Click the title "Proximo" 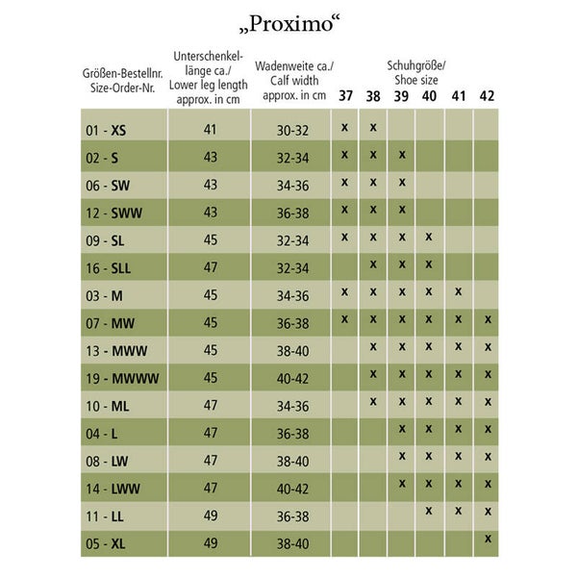[x=288, y=22]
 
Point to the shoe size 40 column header [x=429, y=95]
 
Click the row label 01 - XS [x=106, y=129]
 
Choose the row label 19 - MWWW [x=122, y=377]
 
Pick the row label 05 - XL [x=106, y=542]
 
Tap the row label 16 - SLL [x=110, y=266]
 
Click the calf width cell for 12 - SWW [x=292, y=212]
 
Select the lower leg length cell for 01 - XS [x=211, y=129]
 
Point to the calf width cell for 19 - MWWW [x=292, y=377]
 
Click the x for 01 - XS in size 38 [x=373, y=126]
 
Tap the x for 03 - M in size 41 [x=459, y=290]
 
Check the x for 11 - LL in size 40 [x=429, y=511]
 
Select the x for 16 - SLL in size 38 [x=373, y=263]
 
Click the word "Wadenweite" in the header [x=288, y=66]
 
